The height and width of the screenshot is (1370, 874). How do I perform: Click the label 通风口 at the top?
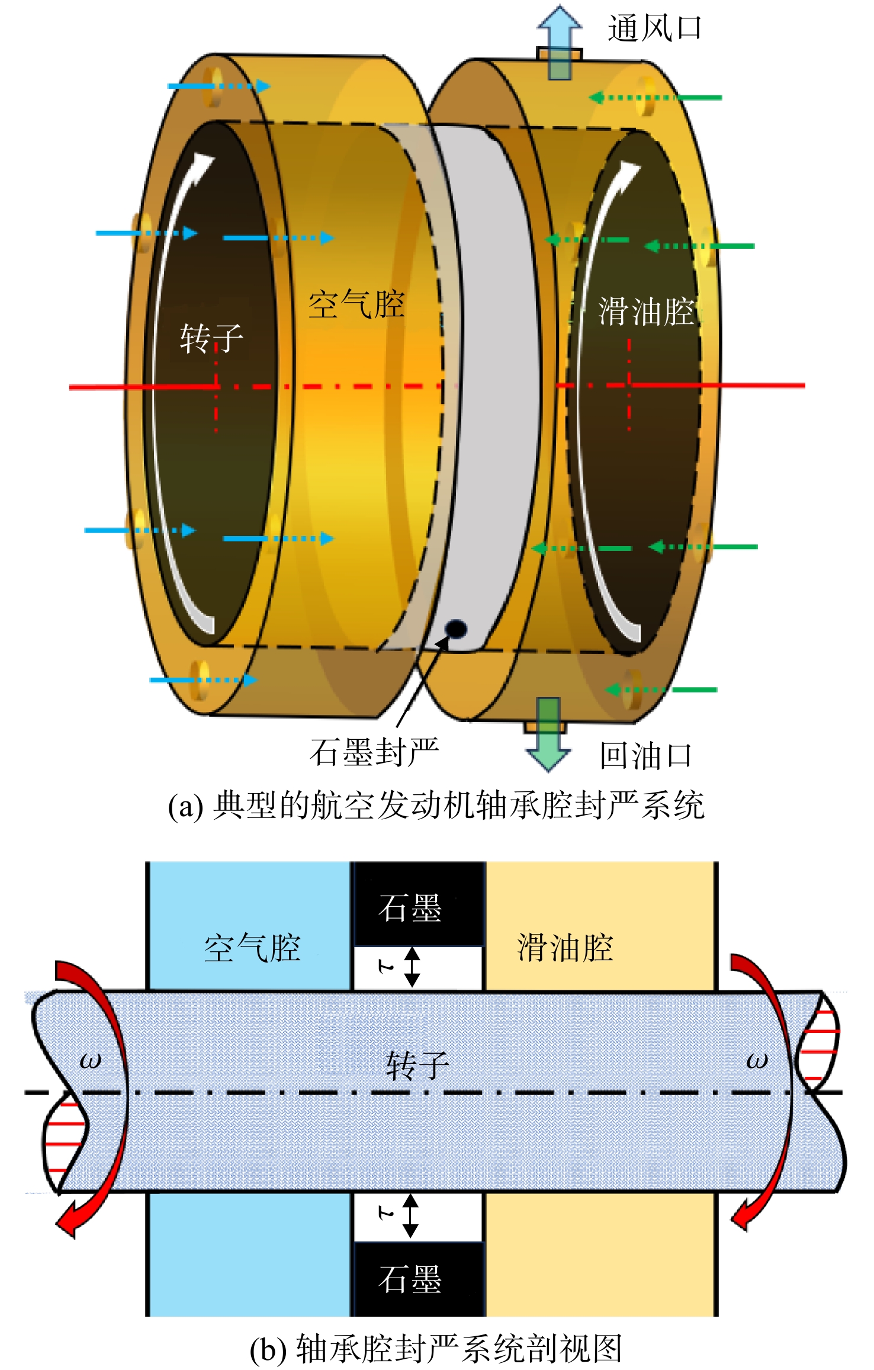654,28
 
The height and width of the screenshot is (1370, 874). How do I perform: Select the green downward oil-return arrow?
548,734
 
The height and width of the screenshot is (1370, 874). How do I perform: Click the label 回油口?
645,755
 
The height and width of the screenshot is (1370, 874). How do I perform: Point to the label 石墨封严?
374,752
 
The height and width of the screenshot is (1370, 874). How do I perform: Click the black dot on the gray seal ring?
456,628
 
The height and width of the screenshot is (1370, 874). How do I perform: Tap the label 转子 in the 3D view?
211,339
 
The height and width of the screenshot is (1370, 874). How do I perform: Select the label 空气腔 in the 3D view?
356,304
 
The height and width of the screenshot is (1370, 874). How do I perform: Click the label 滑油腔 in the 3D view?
646,312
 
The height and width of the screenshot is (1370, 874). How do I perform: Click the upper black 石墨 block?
418,904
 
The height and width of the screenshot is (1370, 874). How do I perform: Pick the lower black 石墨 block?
418,1279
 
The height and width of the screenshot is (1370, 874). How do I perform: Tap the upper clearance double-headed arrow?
412,967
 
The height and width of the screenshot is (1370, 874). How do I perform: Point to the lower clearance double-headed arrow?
411,1216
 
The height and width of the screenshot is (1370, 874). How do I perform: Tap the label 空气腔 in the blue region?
252,948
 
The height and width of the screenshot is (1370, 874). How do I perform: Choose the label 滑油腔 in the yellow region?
565,948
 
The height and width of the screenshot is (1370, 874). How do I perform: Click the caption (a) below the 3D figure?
436,805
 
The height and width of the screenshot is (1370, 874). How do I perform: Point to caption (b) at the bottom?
436,1349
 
